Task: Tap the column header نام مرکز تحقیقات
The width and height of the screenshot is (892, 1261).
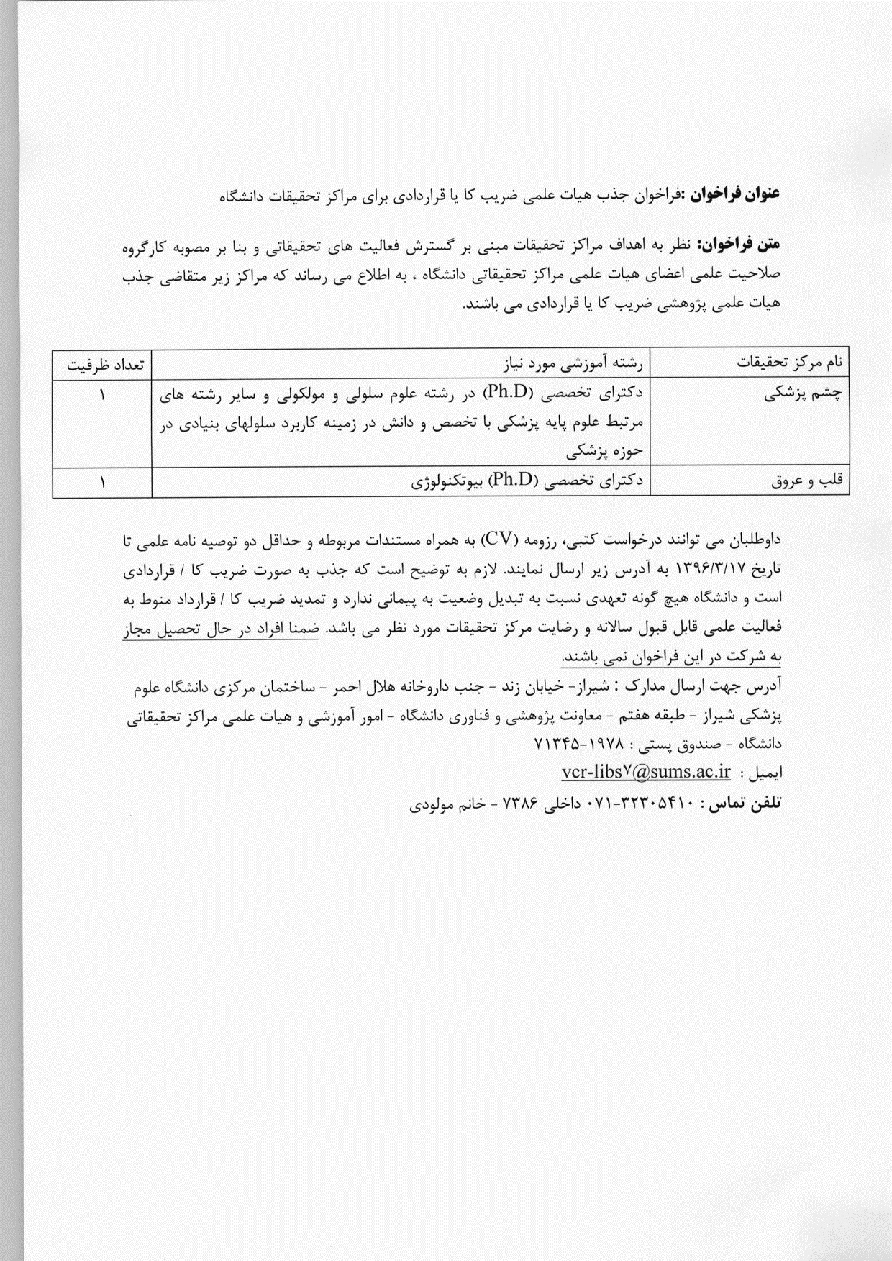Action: click(790, 365)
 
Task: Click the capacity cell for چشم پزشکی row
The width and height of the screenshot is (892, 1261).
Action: click(102, 395)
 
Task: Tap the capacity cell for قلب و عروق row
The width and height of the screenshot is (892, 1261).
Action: click(102, 483)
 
